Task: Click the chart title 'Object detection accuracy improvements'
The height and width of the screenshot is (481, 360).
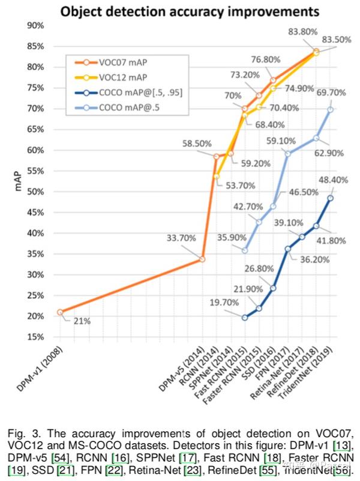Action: tap(180, 11)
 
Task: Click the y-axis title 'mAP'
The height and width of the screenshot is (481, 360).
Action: tap(17, 180)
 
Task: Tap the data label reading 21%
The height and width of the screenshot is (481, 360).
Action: tap(82, 321)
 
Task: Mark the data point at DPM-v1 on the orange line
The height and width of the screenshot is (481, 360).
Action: tap(60, 312)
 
